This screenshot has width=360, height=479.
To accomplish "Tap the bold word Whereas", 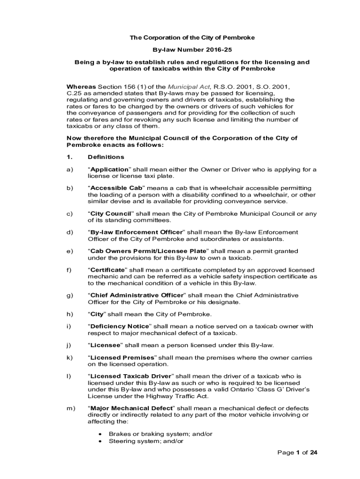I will pos(82,87).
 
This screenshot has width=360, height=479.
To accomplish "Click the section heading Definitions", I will pos(106,157).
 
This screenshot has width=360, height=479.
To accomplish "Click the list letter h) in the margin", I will pos(70,314).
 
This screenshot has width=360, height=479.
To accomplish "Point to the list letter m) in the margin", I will pos(71,408).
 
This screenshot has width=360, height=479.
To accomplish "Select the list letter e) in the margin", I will pos(70,251).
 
